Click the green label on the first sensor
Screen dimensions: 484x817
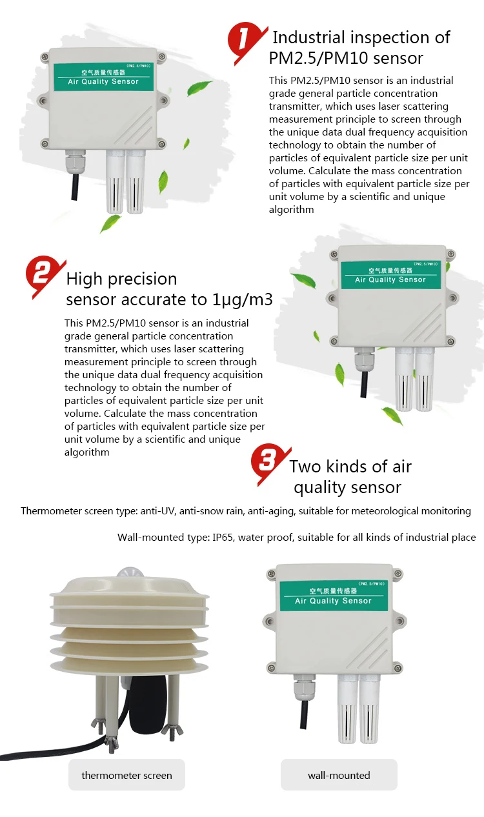pyautogui.click(x=104, y=77)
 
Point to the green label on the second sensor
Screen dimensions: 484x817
pyautogui.click(x=390, y=275)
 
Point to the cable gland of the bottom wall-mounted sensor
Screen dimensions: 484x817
pyautogui.click(x=303, y=687)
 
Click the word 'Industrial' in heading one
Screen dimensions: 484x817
pyautogui.click(x=308, y=37)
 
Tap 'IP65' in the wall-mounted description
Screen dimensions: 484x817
pyautogui.click(x=223, y=538)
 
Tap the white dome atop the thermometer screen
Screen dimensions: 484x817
pyautogui.click(x=130, y=572)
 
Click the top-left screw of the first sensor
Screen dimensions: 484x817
pyautogui.click(x=45, y=57)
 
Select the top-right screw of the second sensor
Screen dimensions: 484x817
pyautogui.click(x=451, y=254)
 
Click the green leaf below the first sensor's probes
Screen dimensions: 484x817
pyautogui.click(x=110, y=223)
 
